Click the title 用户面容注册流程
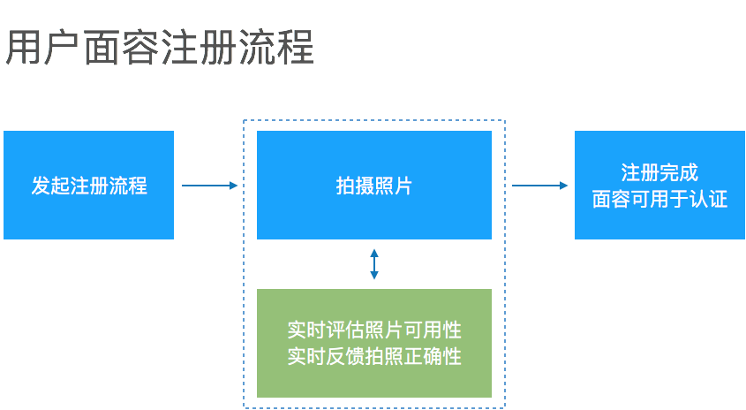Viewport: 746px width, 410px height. pos(160,49)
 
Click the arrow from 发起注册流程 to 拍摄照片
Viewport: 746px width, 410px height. pos(210,186)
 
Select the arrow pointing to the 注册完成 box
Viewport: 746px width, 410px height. pos(540,186)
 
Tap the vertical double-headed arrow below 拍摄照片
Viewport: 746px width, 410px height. pos(374,264)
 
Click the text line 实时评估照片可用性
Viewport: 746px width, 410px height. pos(374,330)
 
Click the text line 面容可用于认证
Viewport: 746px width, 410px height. pos(659,199)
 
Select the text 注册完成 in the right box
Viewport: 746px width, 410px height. pos(659,173)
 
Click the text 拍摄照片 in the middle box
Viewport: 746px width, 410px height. pos(373,186)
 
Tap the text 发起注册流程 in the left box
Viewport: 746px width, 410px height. pos(88,186)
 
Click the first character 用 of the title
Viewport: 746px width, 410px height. pos(24,49)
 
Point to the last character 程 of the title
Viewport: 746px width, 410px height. pos(296,49)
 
